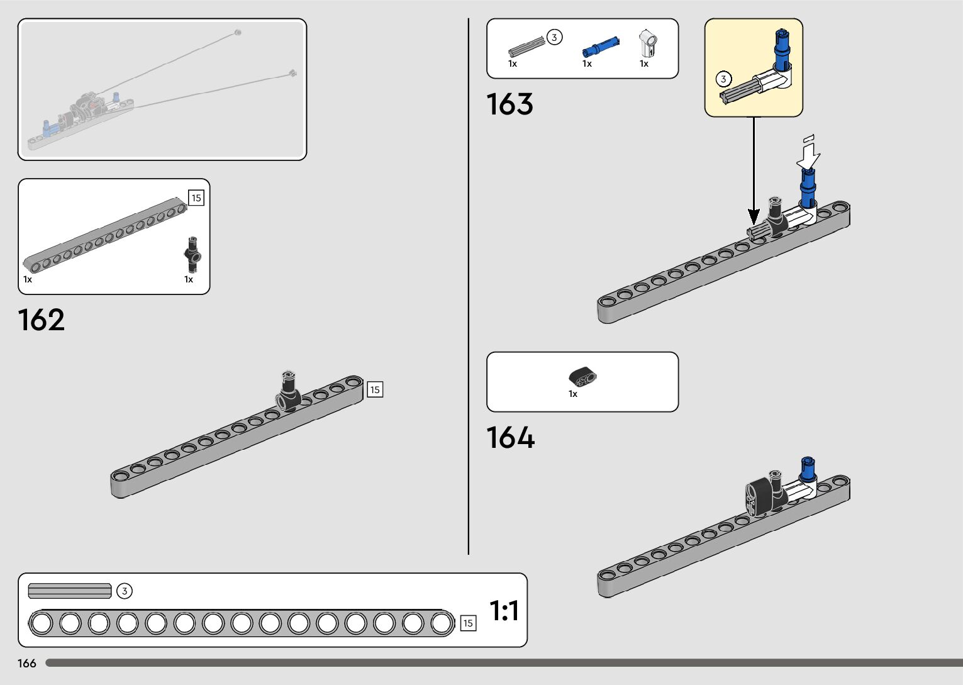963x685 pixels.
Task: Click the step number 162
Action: tap(42, 320)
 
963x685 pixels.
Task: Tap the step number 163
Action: tap(509, 104)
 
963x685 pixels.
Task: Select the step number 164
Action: tap(510, 438)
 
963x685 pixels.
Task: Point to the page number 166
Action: tap(27, 664)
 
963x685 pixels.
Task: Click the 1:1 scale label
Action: tap(504, 611)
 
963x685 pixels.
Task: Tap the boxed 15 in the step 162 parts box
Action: tap(196, 198)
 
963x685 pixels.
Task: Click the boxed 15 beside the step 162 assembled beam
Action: tap(375, 390)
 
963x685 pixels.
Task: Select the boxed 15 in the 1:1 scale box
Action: tap(468, 623)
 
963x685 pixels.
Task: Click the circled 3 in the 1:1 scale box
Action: tap(125, 591)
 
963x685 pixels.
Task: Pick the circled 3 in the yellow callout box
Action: tap(724, 79)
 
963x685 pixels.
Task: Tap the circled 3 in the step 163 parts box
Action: tap(554, 38)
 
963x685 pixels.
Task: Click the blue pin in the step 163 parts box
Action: tap(601, 47)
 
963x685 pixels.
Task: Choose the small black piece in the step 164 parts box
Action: tap(583, 376)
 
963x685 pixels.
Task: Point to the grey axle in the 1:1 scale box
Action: tap(70, 591)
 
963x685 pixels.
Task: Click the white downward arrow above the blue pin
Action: tap(809, 151)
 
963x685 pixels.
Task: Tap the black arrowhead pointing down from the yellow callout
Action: tap(754, 218)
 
